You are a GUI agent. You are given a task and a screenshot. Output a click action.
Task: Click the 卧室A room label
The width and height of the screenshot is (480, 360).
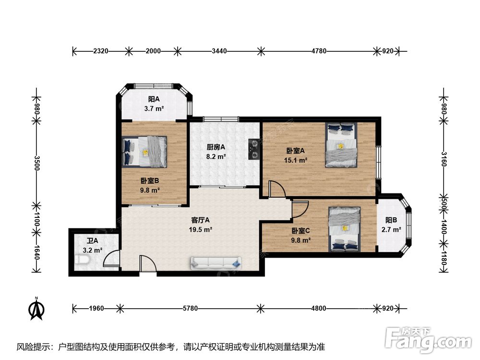click(x=295, y=151)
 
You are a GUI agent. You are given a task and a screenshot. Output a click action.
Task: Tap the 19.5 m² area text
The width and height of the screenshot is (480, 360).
click(x=201, y=229)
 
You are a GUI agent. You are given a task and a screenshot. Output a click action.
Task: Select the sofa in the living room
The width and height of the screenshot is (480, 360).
click(x=216, y=263)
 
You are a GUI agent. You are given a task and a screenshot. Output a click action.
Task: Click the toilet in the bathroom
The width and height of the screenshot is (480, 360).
click(x=82, y=261)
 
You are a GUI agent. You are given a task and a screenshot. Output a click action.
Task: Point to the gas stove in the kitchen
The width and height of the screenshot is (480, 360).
click(x=254, y=149)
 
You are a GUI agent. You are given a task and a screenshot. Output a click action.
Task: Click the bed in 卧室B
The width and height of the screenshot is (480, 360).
click(x=144, y=151)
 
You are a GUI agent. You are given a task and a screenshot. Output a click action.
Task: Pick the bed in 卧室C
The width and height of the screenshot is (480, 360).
click(x=345, y=229)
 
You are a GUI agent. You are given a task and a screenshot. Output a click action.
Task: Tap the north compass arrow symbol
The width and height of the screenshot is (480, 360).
click(x=36, y=309)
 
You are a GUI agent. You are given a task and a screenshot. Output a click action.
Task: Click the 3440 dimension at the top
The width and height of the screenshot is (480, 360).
click(x=219, y=51)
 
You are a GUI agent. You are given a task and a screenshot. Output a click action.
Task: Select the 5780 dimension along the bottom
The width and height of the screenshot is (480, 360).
click(x=190, y=308)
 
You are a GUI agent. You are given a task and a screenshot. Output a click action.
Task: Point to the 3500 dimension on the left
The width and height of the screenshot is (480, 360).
click(x=37, y=163)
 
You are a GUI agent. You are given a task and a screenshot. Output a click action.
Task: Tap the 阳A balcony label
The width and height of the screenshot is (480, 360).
click(x=154, y=99)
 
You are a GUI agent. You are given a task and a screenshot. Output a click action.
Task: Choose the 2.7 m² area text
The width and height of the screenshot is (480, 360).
click(x=391, y=229)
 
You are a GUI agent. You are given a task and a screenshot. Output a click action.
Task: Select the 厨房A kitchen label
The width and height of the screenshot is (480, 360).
click(x=216, y=147)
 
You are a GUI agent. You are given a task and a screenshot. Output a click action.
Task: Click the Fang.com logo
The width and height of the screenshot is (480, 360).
click(x=428, y=340)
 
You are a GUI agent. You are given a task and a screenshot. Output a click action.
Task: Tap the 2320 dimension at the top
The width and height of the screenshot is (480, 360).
click(x=101, y=51)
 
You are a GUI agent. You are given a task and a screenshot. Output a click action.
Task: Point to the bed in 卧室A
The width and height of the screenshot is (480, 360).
click(x=341, y=145)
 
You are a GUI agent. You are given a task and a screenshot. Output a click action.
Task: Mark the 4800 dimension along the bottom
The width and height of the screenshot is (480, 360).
click(x=319, y=308)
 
